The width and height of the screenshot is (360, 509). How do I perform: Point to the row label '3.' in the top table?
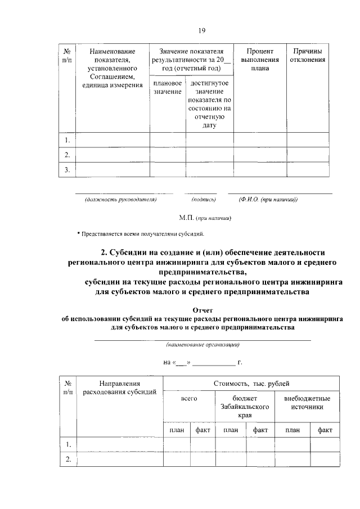tap(67, 170)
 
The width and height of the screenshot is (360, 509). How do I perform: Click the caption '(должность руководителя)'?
tap(120, 199)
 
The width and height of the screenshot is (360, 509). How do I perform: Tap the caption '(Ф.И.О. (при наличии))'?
tap(268, 199)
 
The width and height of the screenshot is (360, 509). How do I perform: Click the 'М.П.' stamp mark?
tap(186, 218)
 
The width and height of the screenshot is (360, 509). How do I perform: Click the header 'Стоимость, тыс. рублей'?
tap(251, 384)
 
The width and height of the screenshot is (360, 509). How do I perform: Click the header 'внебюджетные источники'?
tap(307, 402)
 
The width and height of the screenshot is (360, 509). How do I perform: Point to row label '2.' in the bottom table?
tap(67, 460)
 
